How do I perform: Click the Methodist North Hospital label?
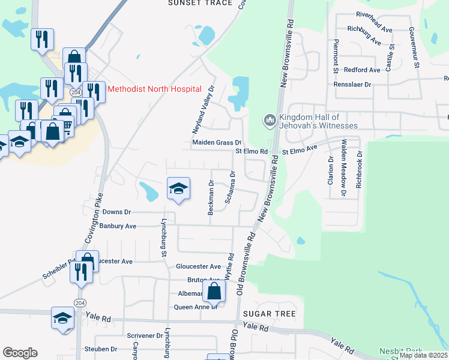154,89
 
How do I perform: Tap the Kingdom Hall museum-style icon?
270,121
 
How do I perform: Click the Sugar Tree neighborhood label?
270,314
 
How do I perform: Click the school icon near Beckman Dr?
178,188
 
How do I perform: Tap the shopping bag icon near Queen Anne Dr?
214,292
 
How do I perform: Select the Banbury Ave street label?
118,226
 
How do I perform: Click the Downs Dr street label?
116,212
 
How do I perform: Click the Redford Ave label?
362,70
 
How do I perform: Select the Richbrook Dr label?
360,169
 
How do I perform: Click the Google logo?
20,352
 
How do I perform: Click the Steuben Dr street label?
101,349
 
